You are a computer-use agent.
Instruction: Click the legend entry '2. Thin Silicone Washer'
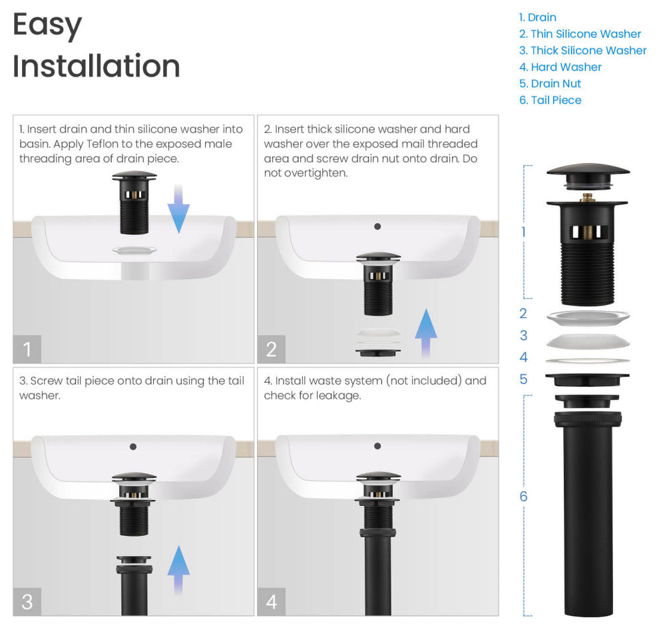coord(580,34)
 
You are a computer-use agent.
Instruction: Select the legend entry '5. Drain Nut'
coord(550,83)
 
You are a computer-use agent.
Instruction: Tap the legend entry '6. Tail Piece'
coord(550,100)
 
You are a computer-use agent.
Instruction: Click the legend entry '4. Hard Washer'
coord(560,67)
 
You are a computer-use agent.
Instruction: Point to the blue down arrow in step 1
coord(178,208)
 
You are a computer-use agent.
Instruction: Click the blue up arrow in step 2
coord(426,333)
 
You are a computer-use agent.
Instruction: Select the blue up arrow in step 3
coord(178,570)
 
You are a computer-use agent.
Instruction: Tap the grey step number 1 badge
coord(27,349)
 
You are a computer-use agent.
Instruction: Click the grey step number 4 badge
coord(272,602)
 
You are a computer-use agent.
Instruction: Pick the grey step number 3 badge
coord(27,602)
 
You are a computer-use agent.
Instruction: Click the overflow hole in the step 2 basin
coord(377,226)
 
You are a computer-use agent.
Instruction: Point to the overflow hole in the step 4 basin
coord(377,446)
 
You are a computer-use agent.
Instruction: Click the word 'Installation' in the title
coord(97,66)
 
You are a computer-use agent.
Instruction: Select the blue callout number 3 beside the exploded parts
coord(523,335)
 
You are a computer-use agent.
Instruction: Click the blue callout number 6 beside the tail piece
coord(523,496)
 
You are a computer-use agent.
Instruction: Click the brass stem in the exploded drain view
coord(587,197)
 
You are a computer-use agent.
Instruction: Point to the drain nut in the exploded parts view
coord(587,379)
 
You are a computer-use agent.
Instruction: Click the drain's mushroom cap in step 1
coord(134,174)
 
